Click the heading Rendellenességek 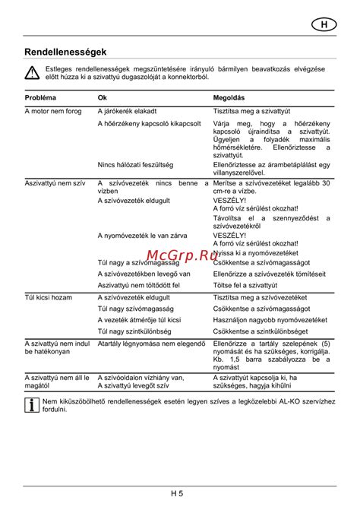coord(65,52)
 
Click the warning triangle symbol coord(32,73)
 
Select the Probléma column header coord(40,98)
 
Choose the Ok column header coord(103,98)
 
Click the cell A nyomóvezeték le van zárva coord(144,235)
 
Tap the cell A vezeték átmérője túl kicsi coord(140,321)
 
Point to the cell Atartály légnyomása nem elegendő coord(152,344)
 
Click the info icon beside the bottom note coord(32,404)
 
